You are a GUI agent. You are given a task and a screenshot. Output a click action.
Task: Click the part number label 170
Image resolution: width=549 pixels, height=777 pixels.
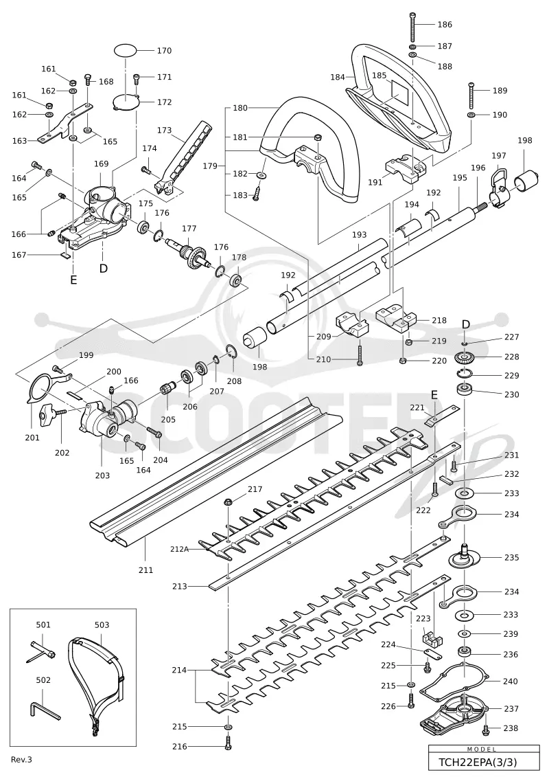tap(164, 51)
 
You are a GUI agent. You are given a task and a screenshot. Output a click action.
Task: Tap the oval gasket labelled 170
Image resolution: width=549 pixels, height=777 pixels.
tap(126, 51)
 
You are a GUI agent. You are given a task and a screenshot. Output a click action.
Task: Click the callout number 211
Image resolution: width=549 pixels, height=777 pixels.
tap(145, 570)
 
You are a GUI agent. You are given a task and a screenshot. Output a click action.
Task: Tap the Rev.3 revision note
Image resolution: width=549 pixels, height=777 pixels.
tap(21, 759)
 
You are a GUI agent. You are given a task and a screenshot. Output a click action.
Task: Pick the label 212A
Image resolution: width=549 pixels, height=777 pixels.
tap(179, 548)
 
